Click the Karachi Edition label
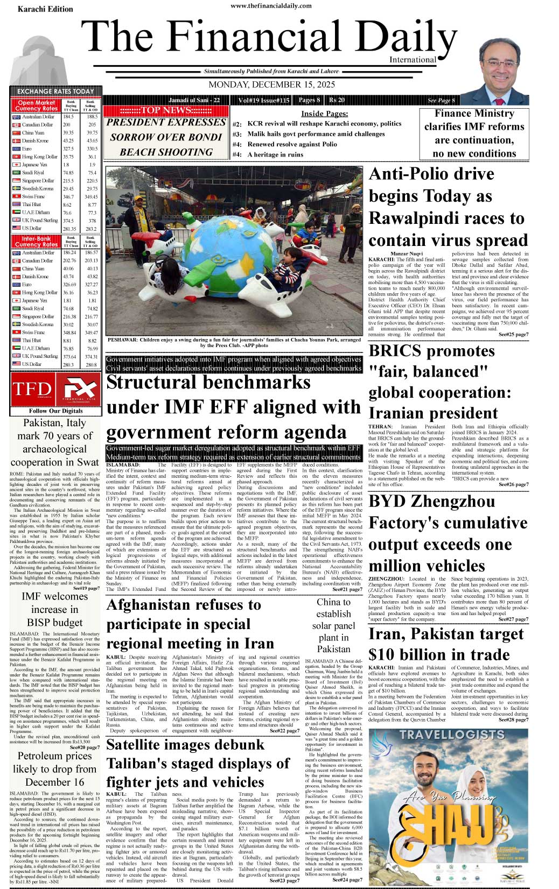[x=45, y=9]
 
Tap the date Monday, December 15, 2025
[x=271, y=84]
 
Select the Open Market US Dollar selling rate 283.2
[x=91, y=229]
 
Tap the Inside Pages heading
[x=324, y=114]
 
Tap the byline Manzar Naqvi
[x=407, y=253]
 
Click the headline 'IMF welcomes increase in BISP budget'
[x=55, y=609]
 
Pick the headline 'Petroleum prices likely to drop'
[x=55, y=768]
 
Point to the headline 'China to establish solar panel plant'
[x=333, y=625]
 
